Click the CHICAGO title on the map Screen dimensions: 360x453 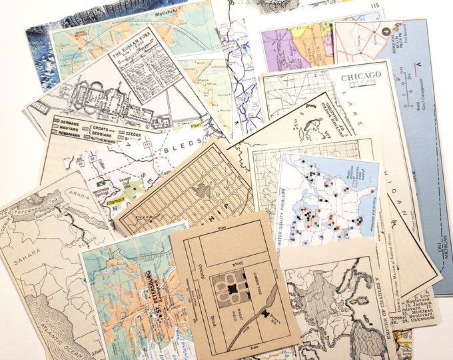coord(362,77)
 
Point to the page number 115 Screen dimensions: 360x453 coord(375,6)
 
